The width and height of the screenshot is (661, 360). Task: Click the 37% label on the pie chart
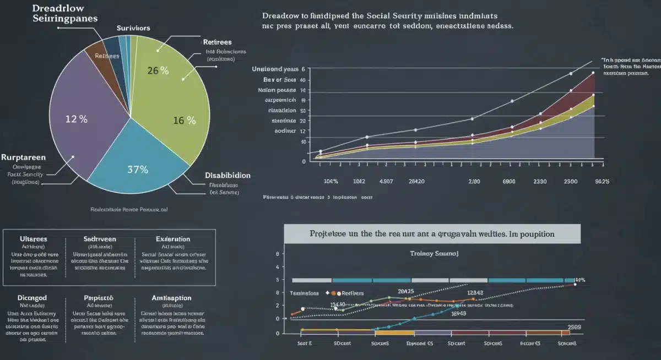coord(137,170)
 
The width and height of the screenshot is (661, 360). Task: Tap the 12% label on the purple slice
coord(76,119)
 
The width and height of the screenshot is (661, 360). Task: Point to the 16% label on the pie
coord(185,121)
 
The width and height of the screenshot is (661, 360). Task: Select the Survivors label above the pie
coord(134,28)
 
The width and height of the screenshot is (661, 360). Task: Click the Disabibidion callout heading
coord(227,175)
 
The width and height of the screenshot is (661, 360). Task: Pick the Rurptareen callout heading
coord(23,157)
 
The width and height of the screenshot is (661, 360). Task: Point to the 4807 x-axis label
coord(387,181)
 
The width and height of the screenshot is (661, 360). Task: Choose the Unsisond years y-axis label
coord(275,69)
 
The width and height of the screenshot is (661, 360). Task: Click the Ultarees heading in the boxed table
coord(34,239)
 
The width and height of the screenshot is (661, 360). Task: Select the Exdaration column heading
coord(173,239)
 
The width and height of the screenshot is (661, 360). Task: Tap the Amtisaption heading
coord(171,297)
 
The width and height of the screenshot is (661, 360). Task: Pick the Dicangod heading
coord(33,297)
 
